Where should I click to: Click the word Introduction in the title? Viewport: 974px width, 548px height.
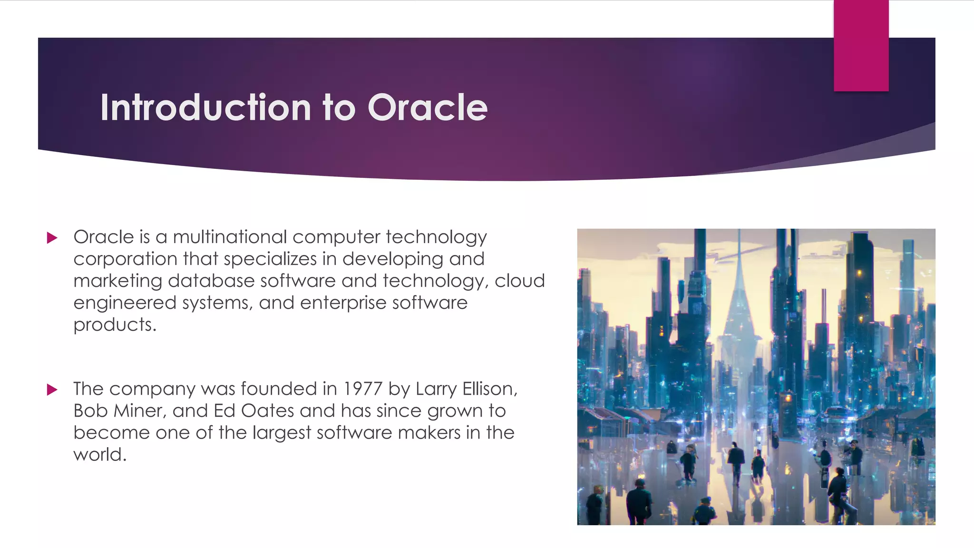pyautogui.click(x=205, y=108)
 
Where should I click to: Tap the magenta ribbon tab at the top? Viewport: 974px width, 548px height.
pyautogui.click(x=861, y=46)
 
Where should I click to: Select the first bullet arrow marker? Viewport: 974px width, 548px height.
pyautogui.click(x=52, y=238)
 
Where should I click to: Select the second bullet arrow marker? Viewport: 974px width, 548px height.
pyautogui.click(x=52, y=390)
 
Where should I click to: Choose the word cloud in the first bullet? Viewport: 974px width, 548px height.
pyautogui.click(x=519, y=281)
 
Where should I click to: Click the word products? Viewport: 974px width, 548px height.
pyautogui.click(x=114, y=325)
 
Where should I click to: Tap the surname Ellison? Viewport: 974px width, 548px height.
pyautogui.click(x=489, y=389)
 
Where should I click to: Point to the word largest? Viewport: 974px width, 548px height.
pyautogui.click(x=282, y=433)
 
